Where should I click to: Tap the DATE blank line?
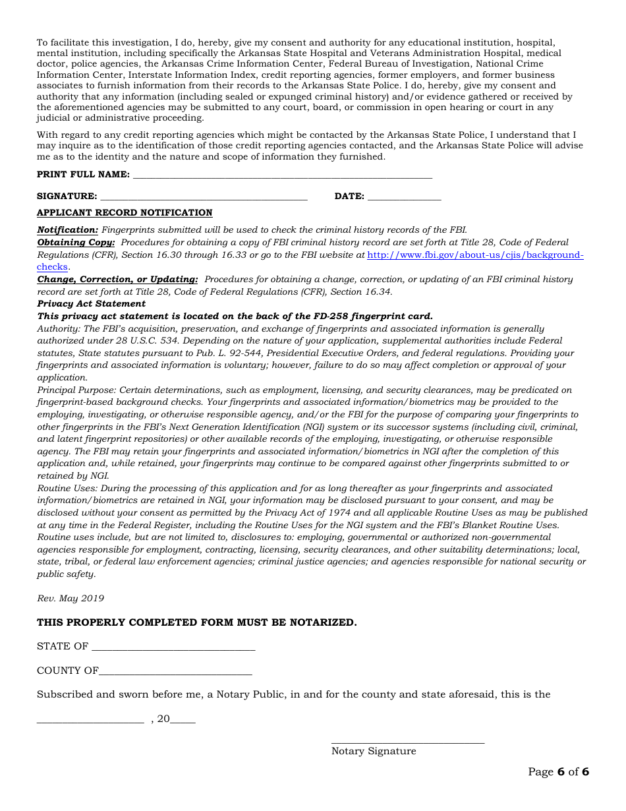(404, 196)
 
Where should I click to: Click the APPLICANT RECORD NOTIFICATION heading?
(125, 213)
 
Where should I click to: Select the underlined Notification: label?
(67, 230)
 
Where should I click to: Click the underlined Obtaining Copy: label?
(76, 243)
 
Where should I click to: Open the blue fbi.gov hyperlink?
(474, 255)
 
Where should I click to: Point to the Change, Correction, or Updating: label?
(117, 280)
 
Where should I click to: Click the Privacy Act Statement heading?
(91, 304)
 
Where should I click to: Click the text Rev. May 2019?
(71, 599)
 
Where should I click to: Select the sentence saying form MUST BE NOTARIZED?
(196, 622)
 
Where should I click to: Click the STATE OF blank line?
(173, 647)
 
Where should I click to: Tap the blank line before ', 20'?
(90, 720)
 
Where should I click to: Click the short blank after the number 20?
(183, 720)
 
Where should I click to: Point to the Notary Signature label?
(374, 751)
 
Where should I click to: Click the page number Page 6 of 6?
(558, 772)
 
